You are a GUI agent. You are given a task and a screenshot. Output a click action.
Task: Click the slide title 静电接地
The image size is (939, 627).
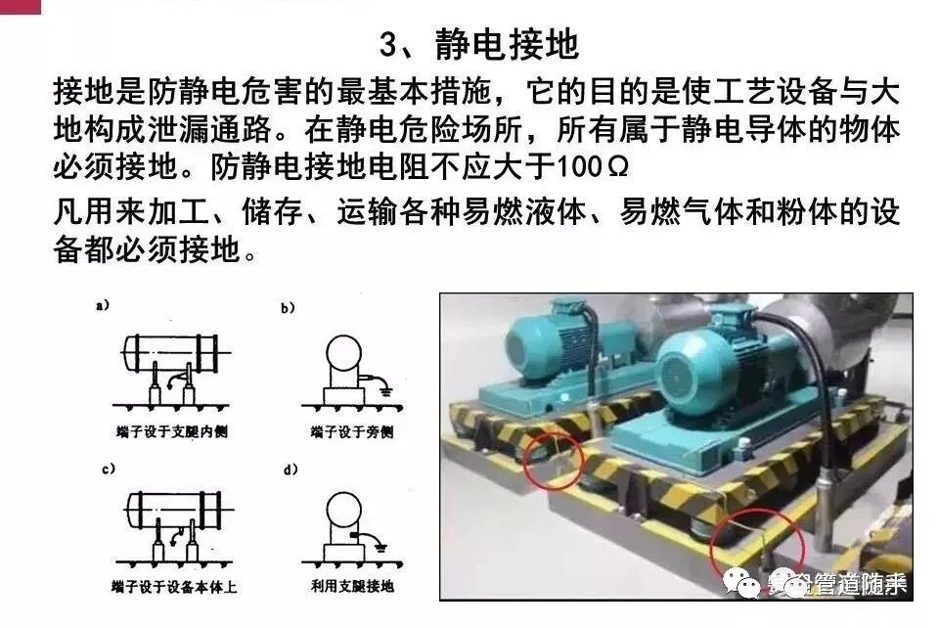tap(479, 45)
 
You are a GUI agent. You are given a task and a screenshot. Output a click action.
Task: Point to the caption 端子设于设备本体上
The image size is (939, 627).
tap(174, 587)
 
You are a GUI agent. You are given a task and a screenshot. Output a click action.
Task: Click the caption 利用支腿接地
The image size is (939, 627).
tap(348, 587)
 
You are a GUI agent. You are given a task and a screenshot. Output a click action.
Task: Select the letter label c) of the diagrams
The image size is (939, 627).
tap(104, 470)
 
